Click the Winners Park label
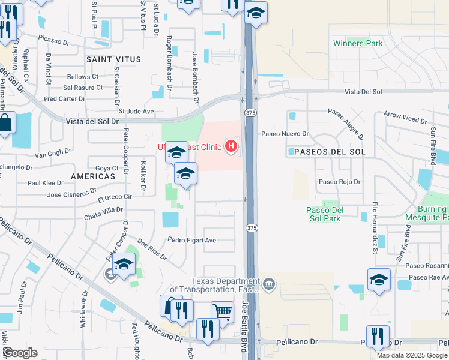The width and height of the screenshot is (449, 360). point(357,44)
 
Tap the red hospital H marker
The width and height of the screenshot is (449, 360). point(231,146)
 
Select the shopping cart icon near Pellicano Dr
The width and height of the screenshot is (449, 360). point(222,312)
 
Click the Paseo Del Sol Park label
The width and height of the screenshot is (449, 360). point(324,214)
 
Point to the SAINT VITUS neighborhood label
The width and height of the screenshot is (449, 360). point(113,59)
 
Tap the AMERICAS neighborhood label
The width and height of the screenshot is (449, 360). point(92,177)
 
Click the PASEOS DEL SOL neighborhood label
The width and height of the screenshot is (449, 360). point(326,152)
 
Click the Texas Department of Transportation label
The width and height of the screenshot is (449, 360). point(225,286)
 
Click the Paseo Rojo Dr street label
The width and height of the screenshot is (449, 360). point(339,182)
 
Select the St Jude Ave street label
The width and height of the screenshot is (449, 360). point(136,111)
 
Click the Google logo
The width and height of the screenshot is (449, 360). point(20,353)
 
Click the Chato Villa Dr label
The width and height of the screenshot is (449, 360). point(103,213)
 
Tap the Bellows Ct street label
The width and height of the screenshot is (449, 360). point(83,77)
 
